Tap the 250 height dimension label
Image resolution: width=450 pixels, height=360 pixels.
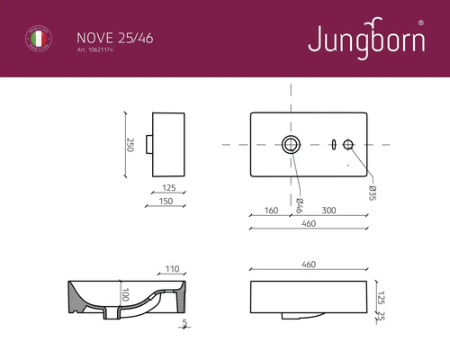click(130, 144)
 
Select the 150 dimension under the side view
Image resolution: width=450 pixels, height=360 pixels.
click(166, 202)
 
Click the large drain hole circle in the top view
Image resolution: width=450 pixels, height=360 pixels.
click(291, 143)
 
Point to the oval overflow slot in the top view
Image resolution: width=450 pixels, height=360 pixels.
click(333, 143)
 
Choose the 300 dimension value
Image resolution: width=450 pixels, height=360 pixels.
click(328, 211)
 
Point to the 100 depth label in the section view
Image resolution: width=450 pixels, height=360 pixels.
click(127, 294)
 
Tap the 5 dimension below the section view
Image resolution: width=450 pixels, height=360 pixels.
click(184, 321)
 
